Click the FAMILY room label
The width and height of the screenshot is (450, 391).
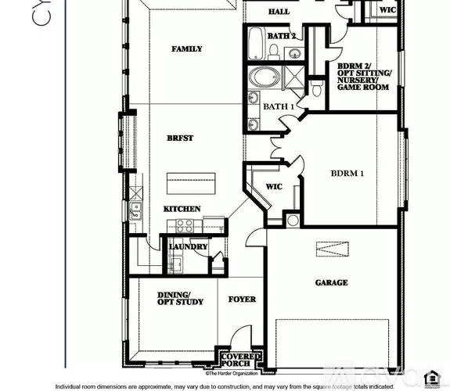(186, 49)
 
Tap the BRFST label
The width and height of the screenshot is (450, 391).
(180, 138)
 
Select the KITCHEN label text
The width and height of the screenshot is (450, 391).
(182, 209)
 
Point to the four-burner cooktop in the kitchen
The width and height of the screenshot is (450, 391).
(185, 225)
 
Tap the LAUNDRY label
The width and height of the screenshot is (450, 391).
(189, 247)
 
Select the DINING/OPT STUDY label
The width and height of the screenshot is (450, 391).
(180, 298)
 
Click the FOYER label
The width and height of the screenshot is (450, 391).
(242, 300)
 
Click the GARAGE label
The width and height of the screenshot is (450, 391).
(331, 282)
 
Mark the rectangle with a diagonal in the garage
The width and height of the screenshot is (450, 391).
(329, 249)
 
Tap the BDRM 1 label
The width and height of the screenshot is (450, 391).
(347, 174)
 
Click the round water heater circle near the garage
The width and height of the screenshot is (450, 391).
(293, 221)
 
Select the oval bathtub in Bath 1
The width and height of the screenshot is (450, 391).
(261, 78)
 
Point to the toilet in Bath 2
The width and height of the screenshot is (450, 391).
(275, 52)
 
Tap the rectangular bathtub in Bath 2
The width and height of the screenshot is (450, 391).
(257, 43)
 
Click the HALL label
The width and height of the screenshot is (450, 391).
(279, 13)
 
